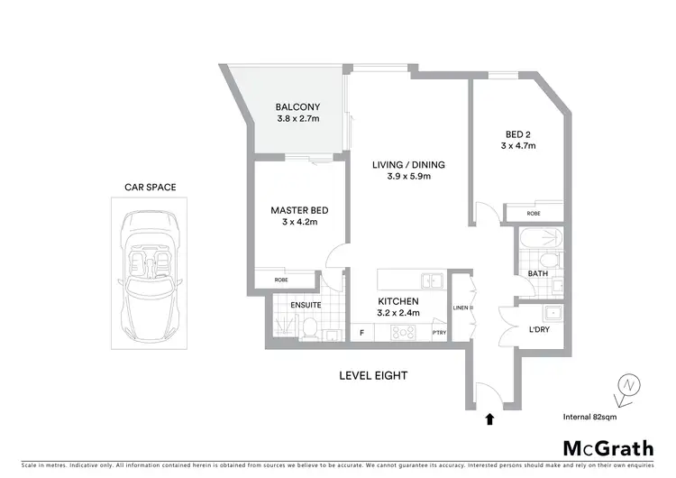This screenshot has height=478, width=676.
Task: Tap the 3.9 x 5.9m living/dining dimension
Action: click(409, 177)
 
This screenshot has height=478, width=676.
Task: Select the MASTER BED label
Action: click(299, 210)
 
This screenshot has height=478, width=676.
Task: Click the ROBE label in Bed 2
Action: click(534, 214)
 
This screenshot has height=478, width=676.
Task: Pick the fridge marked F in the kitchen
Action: click(361, 333)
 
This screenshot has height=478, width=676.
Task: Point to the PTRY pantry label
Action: click(439, 333)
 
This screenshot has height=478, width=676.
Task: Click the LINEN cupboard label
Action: click(469, 308)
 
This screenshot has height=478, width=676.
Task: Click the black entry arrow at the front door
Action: click(489, 418)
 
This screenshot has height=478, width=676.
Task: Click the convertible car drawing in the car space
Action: click(151, 271)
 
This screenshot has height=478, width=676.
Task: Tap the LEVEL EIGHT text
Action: click(373, 375)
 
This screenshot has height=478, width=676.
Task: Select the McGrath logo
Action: click(607, 448)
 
